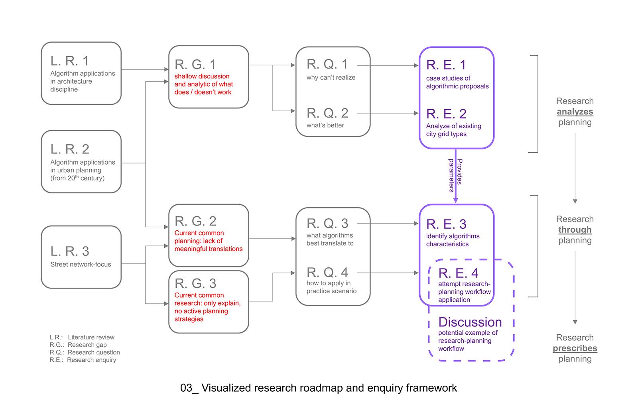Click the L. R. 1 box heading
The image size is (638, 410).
point(69,61)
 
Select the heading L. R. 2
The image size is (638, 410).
point(70,149)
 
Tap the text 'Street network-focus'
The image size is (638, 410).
point(81,264)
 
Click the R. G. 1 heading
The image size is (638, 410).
point(195,65)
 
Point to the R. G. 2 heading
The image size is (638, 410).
point(195,221)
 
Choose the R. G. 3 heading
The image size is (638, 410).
point(195,284)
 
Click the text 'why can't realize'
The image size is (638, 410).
point(331,77)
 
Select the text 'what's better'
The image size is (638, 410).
point(325,125)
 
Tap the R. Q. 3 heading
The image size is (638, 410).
point(327,224)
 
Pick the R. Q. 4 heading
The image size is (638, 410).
point(327,273)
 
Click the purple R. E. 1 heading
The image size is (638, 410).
point(446,65)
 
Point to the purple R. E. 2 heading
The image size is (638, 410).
point(446,114)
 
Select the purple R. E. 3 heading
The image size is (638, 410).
point(446,224)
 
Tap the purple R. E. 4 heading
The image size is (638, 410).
point(458,273)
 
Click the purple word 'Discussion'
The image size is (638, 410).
point(470,322)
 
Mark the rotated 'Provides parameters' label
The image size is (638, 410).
point(455,175)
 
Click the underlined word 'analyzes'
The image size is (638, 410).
point(575,112)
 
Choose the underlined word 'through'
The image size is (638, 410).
point(575,230)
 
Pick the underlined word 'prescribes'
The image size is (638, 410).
point(575,348)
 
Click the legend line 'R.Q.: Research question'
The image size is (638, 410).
point(85,352)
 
